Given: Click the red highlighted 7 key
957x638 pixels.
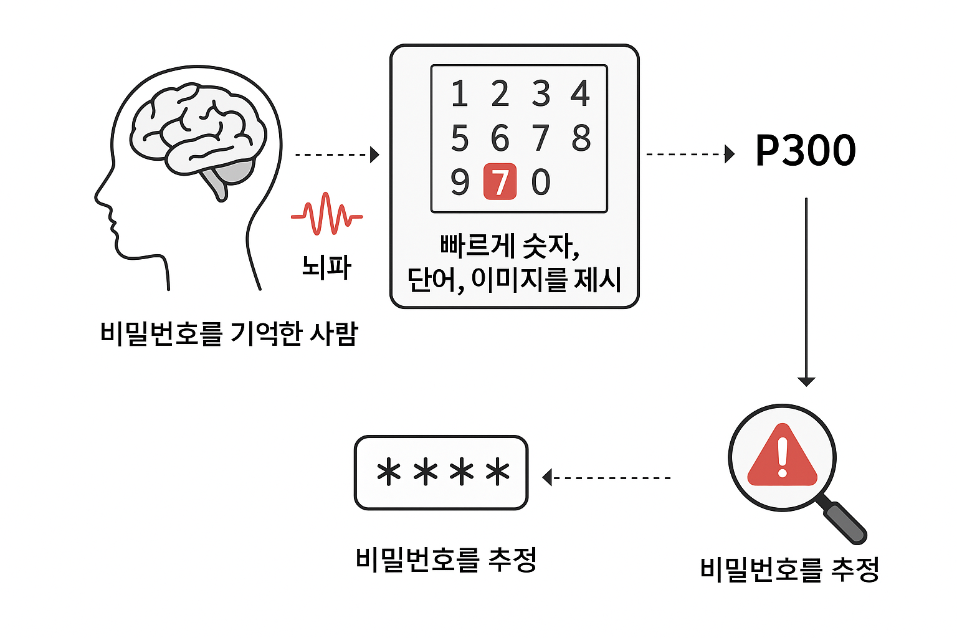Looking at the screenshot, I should (x=500, y=182).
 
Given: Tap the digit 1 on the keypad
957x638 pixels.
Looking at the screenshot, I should (x=460, y=93).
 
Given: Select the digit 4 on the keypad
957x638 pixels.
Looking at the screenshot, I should (x=580, y=93).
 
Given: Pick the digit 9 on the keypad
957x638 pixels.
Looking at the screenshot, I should (x=460, y=182).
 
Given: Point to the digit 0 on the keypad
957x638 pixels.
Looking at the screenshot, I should (x=541, y=182).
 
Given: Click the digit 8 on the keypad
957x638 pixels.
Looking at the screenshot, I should (x=581, y=138).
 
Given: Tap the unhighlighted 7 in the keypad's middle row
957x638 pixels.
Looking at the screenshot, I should (x=541, y=138).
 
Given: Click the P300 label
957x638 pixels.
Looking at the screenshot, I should (x=805, y=151).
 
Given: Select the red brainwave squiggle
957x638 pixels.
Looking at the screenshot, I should (x=326, y=214).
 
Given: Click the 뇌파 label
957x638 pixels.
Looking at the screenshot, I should (x=326, y=267).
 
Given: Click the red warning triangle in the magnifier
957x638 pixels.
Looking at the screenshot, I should (x=782, y=456).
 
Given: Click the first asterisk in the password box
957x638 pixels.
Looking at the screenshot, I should (x=389, y=472).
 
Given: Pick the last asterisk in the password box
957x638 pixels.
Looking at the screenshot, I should (x=497, y=472).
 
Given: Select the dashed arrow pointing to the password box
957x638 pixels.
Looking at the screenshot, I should (x=607, y=478).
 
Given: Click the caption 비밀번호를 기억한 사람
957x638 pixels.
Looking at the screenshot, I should (x=229, y=333).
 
